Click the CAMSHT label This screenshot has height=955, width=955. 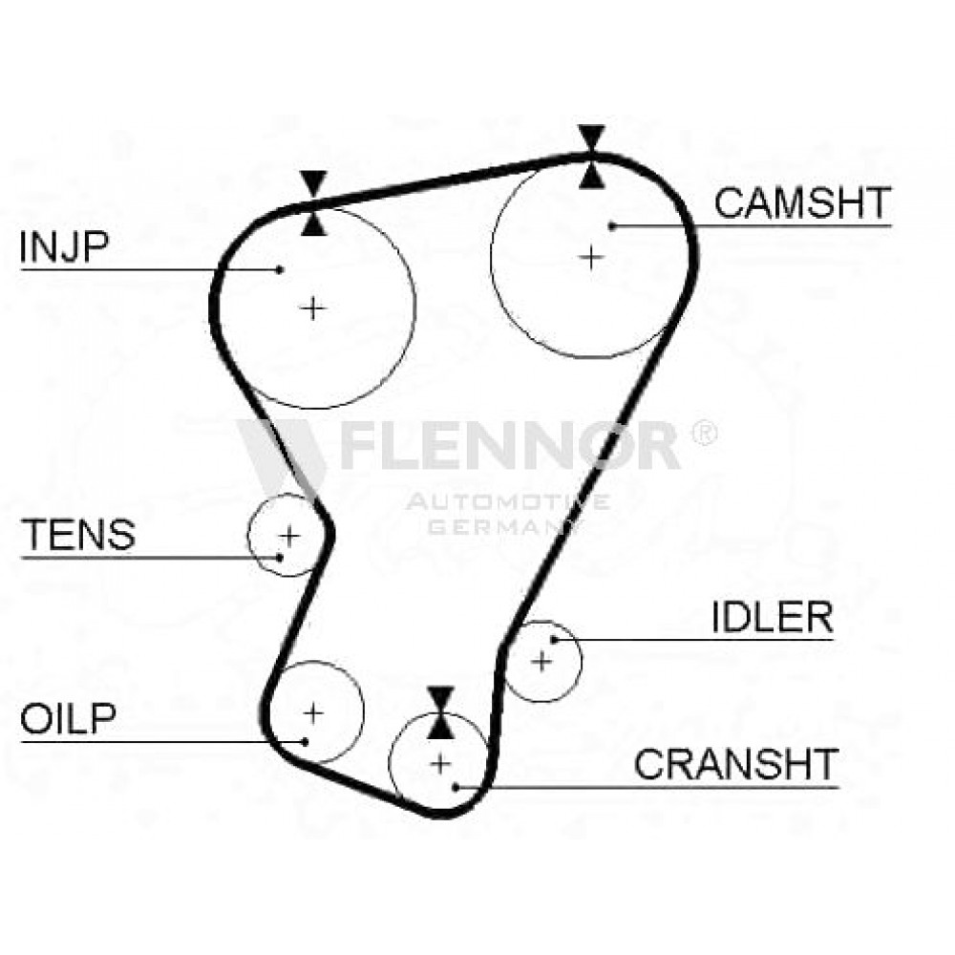coord(802,203)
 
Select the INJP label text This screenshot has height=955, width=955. coord(64,246)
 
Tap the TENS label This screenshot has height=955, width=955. coord(78,534)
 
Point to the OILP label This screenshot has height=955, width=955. coord(68,718)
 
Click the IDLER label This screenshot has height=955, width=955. coord(773,617)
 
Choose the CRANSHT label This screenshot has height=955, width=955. coord(736,764)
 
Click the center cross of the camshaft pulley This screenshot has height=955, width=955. coord(591,258)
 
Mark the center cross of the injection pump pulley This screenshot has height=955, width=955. coord(313,308)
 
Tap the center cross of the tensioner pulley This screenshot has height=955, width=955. coord(289,536)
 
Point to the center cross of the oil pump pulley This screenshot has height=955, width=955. coord(313,712)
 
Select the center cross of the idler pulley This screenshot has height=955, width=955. coord(541,661)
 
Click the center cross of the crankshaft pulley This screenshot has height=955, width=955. coord(440,764)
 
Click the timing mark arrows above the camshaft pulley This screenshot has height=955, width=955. coord(591,157)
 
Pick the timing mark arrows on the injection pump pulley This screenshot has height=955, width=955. coord(313,203)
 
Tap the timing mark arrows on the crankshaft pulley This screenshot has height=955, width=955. coord(440,712)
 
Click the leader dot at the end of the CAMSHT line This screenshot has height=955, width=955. coord(612,226)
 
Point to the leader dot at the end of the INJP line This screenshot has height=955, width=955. coord(280,269)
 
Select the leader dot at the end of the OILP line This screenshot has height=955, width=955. coord(305,741)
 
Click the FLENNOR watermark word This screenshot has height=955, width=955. coord(509,445)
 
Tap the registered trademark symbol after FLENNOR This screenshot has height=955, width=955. coord(704,433)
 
